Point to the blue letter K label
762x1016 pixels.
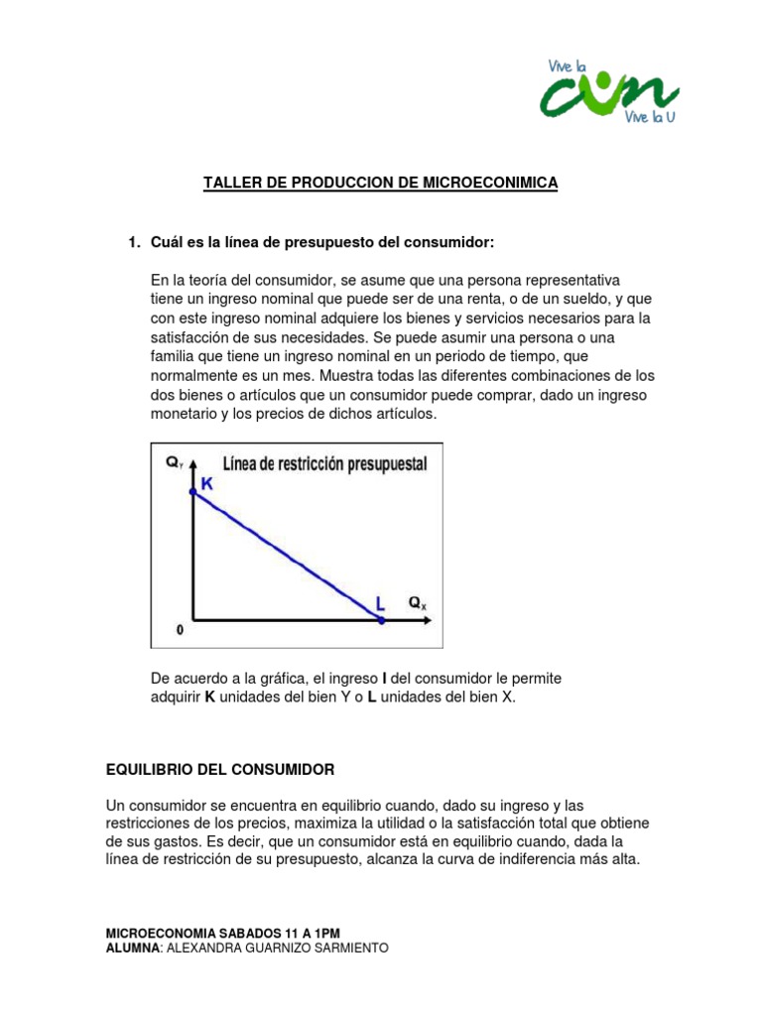point(207,483)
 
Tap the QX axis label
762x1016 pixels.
point(419,602)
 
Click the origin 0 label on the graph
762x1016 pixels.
point(180,630)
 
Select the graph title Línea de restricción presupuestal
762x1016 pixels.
point(324,462)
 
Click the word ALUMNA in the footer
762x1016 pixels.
point(132,948)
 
